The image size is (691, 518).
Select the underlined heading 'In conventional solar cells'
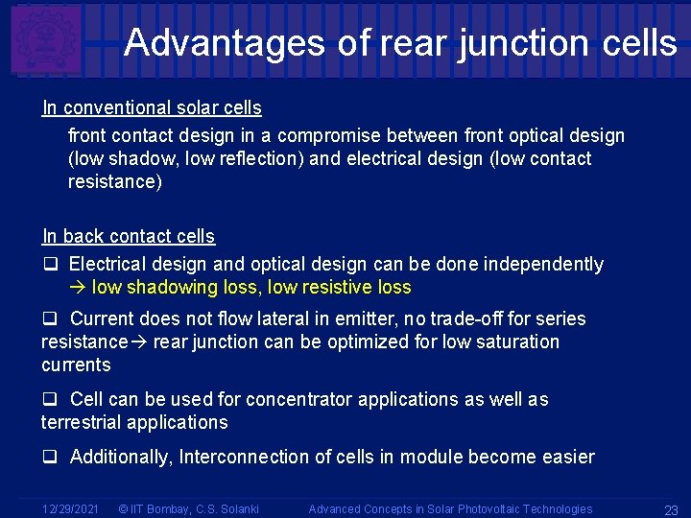152,107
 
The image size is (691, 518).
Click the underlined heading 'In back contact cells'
129,236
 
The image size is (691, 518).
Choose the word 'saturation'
513,341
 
